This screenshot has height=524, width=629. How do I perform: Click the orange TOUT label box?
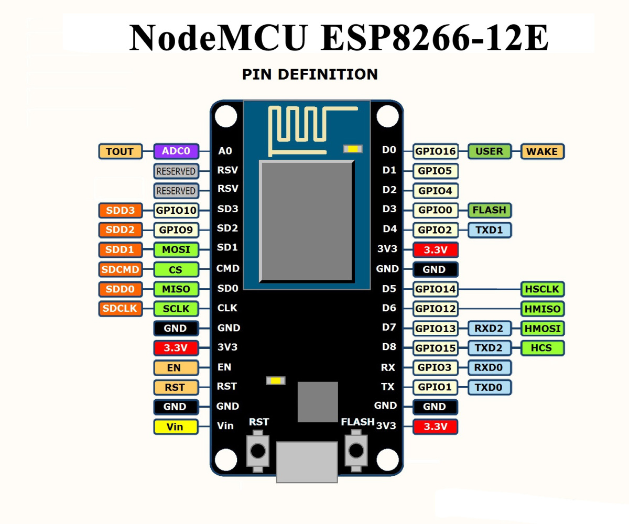pyautogui.click(x=120, y=151)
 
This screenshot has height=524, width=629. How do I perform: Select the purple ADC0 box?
pyautogui.click(x=176, y=151)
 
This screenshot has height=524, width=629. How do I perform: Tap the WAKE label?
pyautogui.click(x=543, y=151)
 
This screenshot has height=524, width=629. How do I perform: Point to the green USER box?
pyautogui.click(x=489, y=151)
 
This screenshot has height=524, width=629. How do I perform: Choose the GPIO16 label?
pyautogui.click(x=436, y=152)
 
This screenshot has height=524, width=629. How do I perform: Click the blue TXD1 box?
pyautogui.click(x=489, y=230)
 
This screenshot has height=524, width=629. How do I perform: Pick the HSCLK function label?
pyautogui.click(x=543, y=289)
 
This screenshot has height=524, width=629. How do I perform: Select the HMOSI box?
pyautogui.click(x=543, y=329)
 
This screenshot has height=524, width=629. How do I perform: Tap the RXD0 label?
pyautogui.click(x=489, y=368)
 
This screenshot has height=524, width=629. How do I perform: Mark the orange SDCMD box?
pyautogui.click(x=120, y=270)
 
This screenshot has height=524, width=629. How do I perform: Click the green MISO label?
pyautogui.click(x=176, y=289)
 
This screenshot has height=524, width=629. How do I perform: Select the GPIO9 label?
pyautogui.click(x=176, y=230)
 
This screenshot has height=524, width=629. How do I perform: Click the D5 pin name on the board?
pyautogui.click(x=389, y=288)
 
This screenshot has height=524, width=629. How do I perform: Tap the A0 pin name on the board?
pyautogui.click(x=225, y=151)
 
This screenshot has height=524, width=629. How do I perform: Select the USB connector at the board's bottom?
pyautogui.click(x=307, y=461)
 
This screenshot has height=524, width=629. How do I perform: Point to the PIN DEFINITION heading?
pyautogui.click(x=310, y=74)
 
